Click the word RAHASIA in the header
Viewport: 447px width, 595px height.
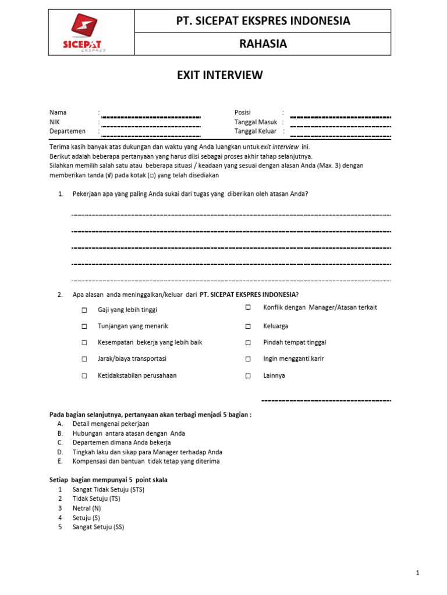(x=263, y=44)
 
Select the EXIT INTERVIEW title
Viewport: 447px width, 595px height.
(x=220, y=75)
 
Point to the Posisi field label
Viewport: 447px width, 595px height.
(x=242, y=112)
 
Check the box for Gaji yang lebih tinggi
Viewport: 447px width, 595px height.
(x=84, y=310)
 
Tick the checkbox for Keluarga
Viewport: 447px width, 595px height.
(x=248, y=326)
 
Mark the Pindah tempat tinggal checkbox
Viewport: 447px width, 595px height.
(x=248, y=342)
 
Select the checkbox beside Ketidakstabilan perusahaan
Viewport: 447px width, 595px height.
(x=84, y=375)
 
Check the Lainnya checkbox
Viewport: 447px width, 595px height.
(x=248, y=375)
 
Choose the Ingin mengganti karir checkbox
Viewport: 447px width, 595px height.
(x=248, y=359)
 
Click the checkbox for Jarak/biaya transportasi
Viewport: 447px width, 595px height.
(x=84, y=359)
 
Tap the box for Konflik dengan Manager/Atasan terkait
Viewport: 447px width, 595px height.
(x=248, y=307)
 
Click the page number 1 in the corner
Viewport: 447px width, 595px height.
(x=417, y=574)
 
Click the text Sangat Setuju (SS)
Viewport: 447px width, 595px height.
(x=98, y=527)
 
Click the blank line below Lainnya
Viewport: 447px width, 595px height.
(x=325, y=400)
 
